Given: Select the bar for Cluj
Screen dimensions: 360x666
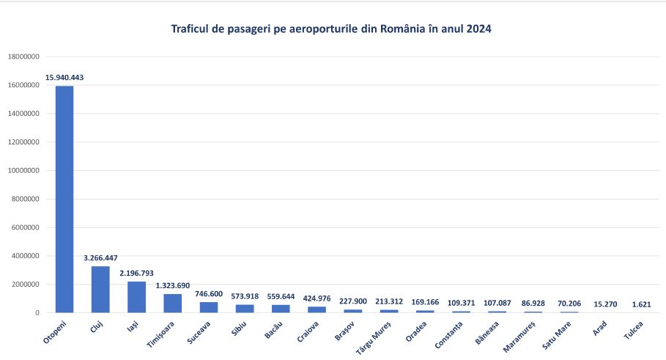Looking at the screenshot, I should [100, 290].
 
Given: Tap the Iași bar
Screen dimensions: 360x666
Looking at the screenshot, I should [136, 297].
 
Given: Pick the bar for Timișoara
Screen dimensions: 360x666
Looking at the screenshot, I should [172, 304].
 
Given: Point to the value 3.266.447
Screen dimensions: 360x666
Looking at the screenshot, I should [100, 258].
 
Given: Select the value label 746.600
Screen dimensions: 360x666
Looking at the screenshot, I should [209, 293].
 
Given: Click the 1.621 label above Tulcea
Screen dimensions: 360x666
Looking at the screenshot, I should [641, 304].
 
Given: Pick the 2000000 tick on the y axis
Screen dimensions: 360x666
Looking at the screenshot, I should [27, 284].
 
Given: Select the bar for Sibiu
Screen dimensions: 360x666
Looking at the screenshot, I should [244, 309].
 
